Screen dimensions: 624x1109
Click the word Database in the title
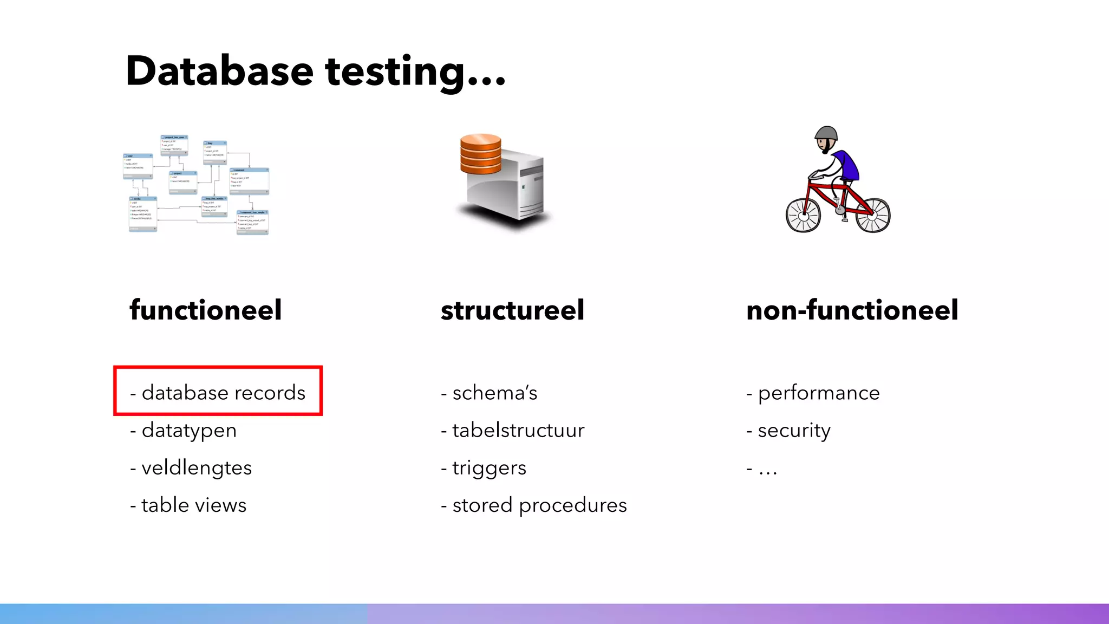tap(219, 71)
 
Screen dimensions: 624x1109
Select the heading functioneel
tap(206, 310)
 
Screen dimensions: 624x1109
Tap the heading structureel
tap(512, 310)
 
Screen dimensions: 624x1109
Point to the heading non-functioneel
tap(852, 310)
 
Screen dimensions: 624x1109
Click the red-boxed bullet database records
tap(218, 392)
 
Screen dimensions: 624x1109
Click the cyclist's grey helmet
tap(827, 133)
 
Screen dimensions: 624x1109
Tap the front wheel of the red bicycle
tap(803, 215)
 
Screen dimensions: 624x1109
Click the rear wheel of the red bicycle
tap(872, 215)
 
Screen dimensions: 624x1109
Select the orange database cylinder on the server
tap(480, 154)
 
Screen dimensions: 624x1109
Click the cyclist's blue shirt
tap(846, 165)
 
